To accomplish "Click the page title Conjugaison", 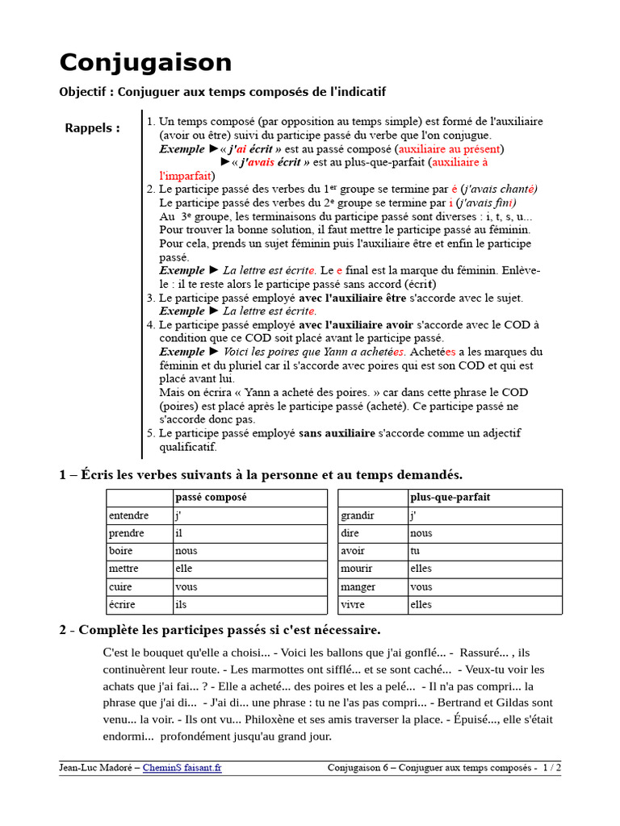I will click(x=145, y=63).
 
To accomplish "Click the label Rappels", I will click(x=92, y=128).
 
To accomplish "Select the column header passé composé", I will click(x=212, y=498).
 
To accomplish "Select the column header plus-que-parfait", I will click(x=450, y=498).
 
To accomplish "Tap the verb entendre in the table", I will click(x=128, y=516).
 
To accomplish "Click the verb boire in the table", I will click(x=121, y=552).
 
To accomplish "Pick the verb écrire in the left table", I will click(x=123, y=605).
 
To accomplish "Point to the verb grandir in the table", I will click(x=358, y=516).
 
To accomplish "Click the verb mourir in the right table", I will click(x=357, y=569).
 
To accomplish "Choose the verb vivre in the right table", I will click(x=353, y=605).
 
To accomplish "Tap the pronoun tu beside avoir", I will click(x=415, y=552).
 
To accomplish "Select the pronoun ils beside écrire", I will click(x=181, y=605).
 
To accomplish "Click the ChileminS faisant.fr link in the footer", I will click(x=182, y=768).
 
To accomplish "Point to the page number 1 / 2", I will click(x=552, y=768).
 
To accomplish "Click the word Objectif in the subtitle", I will click(x=85, y=92).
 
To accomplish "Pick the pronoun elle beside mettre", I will click(x=184, y=569).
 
